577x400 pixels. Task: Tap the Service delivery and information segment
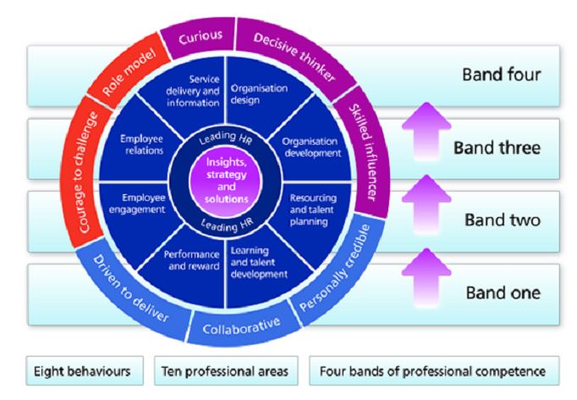tap(197, 90)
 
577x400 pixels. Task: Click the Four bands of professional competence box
tap(432, 370)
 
